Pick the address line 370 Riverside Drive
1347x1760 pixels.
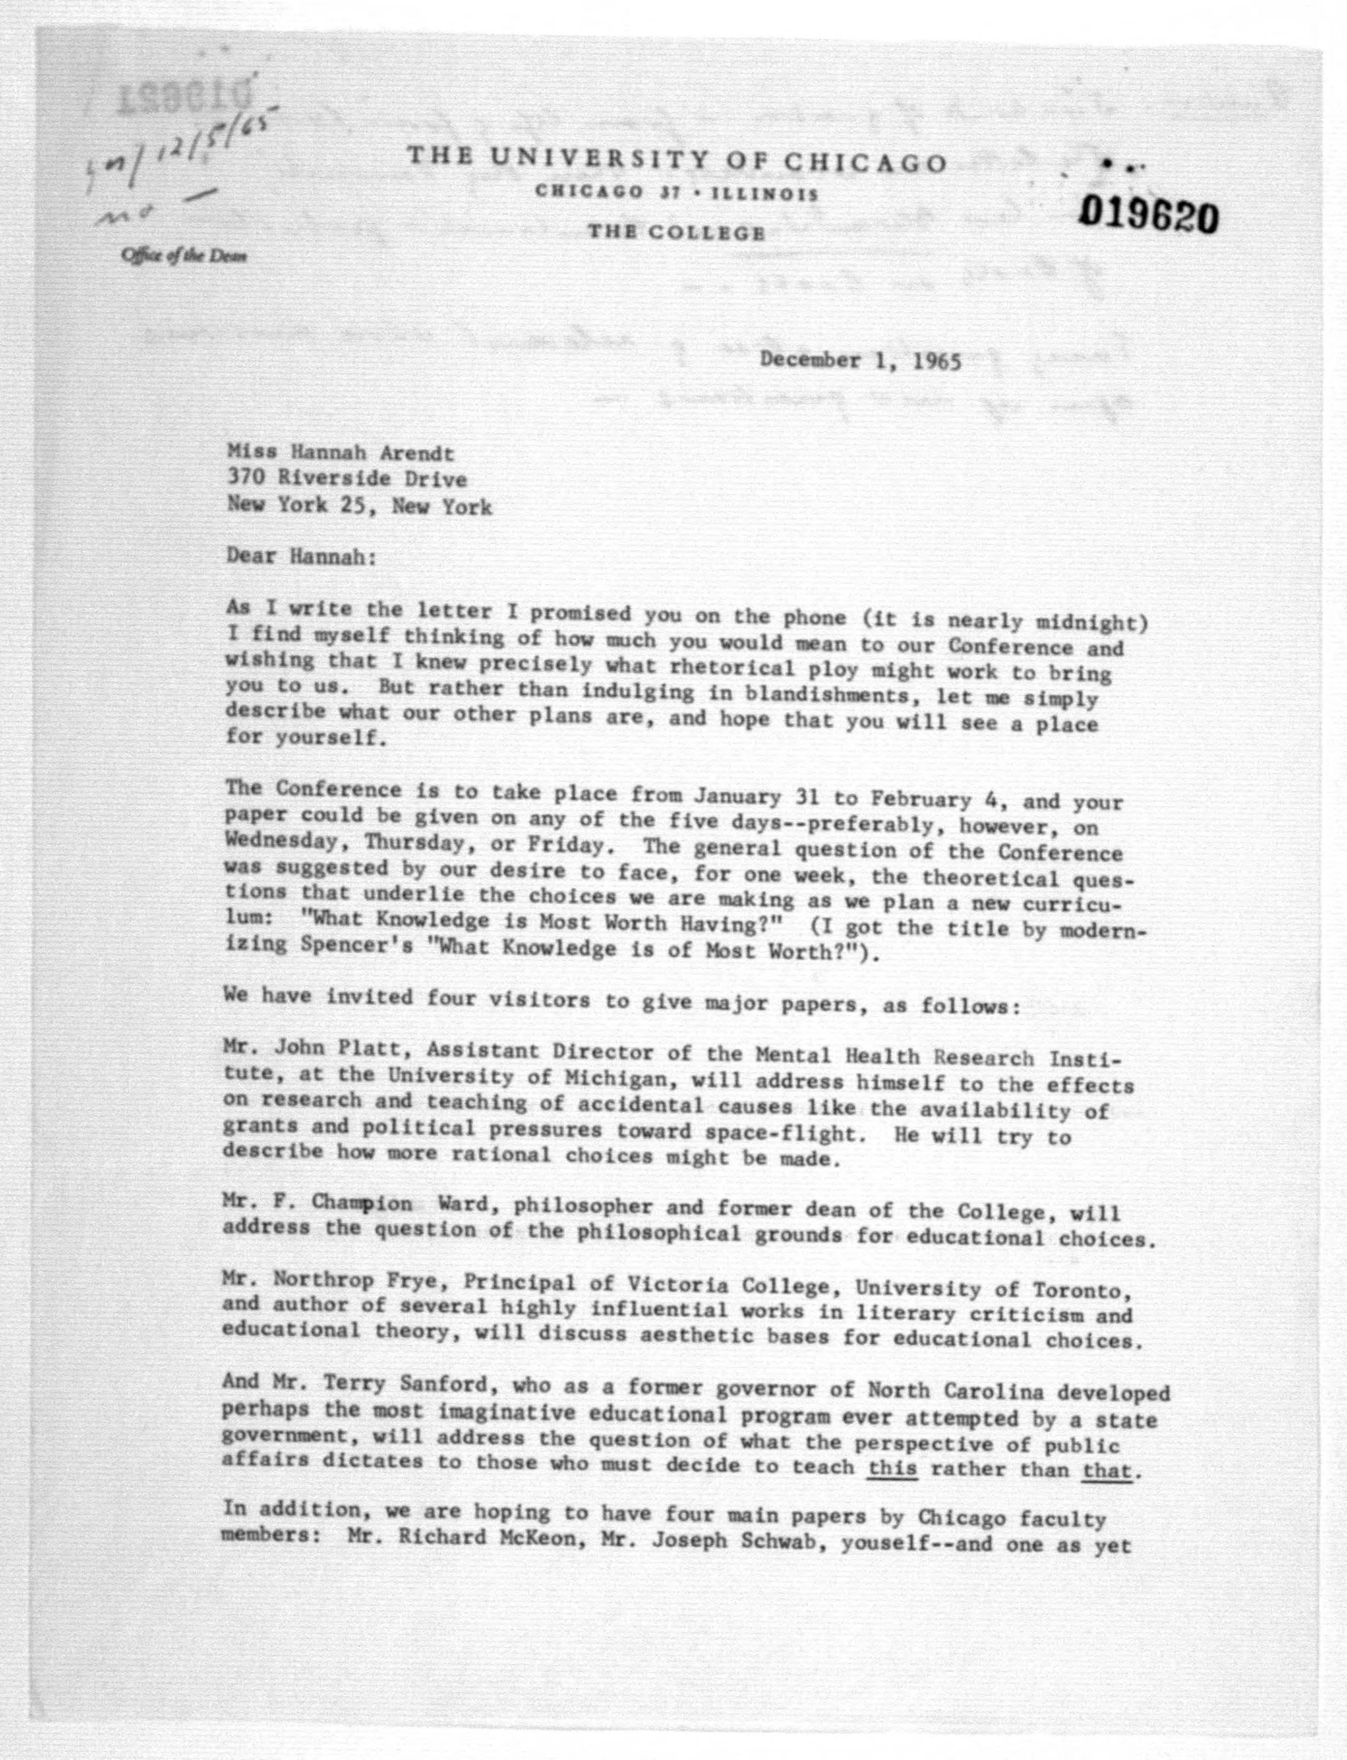pos(346,479)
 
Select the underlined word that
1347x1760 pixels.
pos(1107,1471)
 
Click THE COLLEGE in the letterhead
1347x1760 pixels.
pos(676,233)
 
